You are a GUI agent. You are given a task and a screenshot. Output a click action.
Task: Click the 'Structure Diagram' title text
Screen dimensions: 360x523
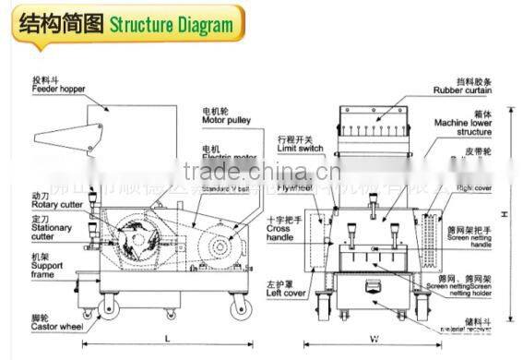coord(172,24)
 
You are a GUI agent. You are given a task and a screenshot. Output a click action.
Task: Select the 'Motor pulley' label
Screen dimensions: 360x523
coord(228,120)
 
